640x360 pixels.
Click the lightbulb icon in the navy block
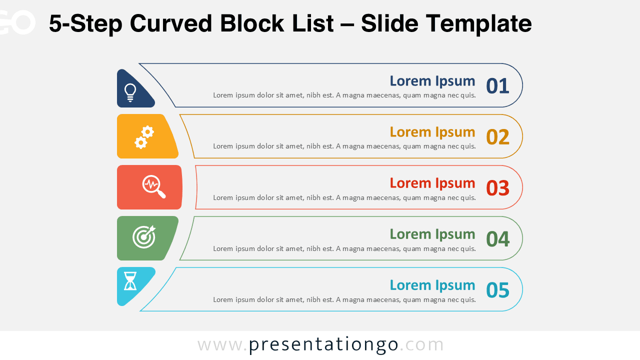[130, 92]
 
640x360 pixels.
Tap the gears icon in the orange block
[144, 137]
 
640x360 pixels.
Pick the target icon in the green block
[144, 236]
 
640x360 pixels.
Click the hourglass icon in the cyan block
[130, 281]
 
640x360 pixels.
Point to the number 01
[497, 86]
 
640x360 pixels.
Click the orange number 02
[497, 137]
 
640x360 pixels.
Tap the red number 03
[497, 188]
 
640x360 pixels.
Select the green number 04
[497, 239]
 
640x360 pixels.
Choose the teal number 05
[497, 290]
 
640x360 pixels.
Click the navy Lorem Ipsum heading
[432, 81]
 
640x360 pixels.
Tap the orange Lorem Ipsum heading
[432, 132]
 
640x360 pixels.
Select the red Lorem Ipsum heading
[432, 183]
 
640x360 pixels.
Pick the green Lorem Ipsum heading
[432, 234]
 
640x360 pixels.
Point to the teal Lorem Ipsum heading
[432, 285]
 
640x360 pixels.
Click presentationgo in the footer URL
[323, 344]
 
